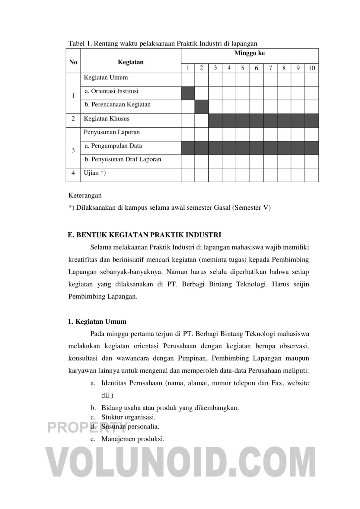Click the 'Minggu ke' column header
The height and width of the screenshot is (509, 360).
[x=249, y=53]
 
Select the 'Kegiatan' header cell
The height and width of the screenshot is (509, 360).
[x=130, y=62]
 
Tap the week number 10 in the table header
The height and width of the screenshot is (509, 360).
[x=312, y=68]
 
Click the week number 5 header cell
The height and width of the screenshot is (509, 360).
[x=242, y=68]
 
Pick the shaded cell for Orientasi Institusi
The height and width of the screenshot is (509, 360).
[x=188, y=93]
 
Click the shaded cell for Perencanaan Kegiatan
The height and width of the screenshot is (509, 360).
[x=201, y=107]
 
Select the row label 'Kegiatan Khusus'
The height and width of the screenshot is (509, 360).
[x=107, y=119]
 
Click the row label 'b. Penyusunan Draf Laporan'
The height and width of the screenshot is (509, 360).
[x=123, y=159]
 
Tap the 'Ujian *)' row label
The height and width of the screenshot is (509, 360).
[x=95, y=173]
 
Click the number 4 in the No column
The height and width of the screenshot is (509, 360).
[x=73, y=173]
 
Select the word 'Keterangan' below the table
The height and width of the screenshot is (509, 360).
[x=85, y=196]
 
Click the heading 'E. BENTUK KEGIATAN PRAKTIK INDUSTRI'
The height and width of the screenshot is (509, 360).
[x=144, y=235]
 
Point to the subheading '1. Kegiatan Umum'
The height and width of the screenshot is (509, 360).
[x=97, y=321]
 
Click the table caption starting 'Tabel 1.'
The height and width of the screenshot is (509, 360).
[x=163, y=43]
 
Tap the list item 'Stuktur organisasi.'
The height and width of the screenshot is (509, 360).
[x=128, y=417]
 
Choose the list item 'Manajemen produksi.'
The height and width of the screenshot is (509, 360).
[x=133, y=439]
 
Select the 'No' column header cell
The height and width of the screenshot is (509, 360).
[x=73, y=62]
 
